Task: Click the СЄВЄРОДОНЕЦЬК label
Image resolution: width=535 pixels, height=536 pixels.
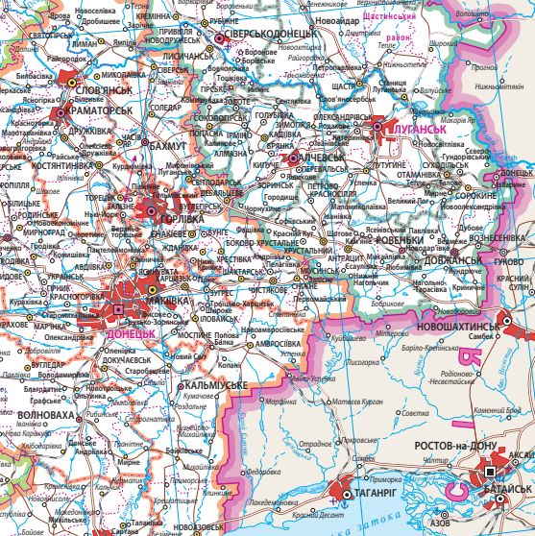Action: coord(274,36)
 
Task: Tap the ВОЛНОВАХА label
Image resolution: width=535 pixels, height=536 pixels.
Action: coord(44,414)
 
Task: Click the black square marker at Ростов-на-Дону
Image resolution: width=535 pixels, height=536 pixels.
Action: coord(491,472)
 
